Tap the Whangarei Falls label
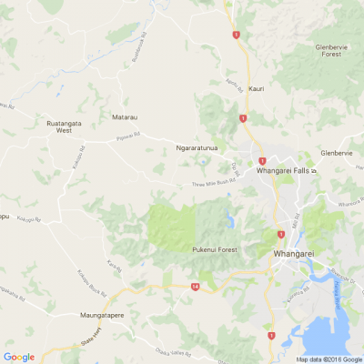pyautogui.click(x=284, y=170)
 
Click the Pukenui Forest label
pyautogui.click(x=215, y=249)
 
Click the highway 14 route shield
pyautogui.click(x=196, y=287)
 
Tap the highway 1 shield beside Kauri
pyautogui.click(x=243, y=118)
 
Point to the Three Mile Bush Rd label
pyautogui.click(x=213, y=183)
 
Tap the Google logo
pyautogui.click(x=19, y=356)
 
